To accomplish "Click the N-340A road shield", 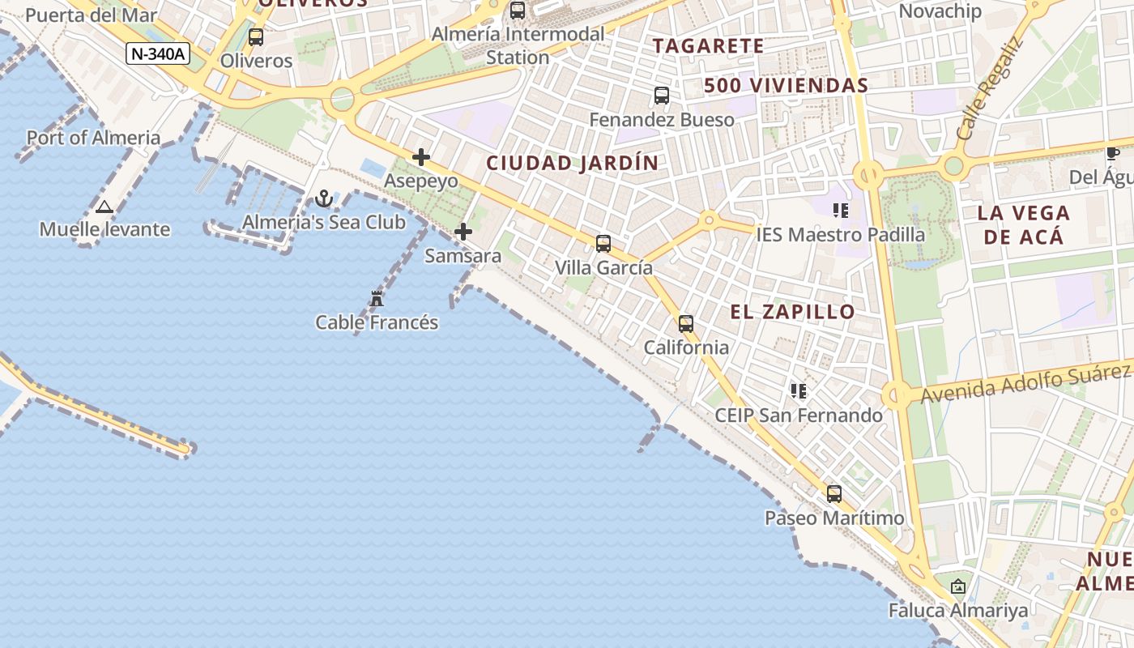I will (x=159, y=54).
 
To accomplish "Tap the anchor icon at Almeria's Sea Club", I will (x=324, y=198).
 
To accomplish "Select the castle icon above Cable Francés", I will (x=377, y=299).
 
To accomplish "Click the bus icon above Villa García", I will (x=603, y=243).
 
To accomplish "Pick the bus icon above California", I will (x=686, y=324).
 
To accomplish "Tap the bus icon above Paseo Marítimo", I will (x=834, y=493).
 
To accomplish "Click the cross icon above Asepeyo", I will (x=421, y=157).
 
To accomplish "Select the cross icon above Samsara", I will (x=463, y=232).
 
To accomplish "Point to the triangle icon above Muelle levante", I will (x=104, y=207).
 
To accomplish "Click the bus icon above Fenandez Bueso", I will (x=662, y=96).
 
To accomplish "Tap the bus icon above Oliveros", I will (x=256, y=36).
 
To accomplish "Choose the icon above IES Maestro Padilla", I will (x=841, y=211).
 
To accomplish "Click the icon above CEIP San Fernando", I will (x=799, y=391).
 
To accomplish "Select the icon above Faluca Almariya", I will (x=958, y=586).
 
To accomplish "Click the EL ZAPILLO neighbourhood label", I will (x=792, y=312).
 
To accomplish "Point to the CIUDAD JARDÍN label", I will (x=573, y=163).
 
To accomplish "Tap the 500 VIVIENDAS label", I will (x=786, y=85).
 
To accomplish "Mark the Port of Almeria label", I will (x=94, y=138).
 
